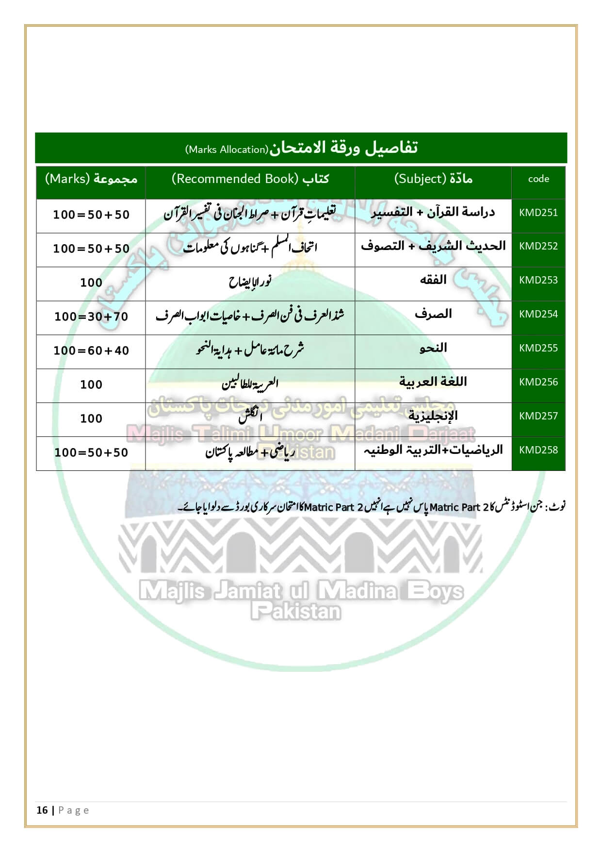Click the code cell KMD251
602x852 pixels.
click(538, 213)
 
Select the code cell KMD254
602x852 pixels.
click(538, 314)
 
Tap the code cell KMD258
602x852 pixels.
click(538, 450)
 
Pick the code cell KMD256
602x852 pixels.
click(538, 382)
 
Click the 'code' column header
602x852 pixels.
click(538, 179)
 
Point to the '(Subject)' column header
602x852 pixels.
click(433, 179)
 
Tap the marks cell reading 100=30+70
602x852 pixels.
click(91, 317)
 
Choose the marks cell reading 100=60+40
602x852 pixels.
click(91, 351)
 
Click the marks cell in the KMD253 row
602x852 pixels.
click(91, 283)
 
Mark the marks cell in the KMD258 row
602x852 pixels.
click(91, 453)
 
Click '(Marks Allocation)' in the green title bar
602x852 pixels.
click(227, 150)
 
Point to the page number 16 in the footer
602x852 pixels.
click(42, 810)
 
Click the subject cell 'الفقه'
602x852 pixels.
click(433, 280)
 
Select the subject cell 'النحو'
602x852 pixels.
click(433, 348)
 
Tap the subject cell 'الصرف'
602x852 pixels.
click(433, 314)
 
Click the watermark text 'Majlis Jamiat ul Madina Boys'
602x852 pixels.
click(301, 591)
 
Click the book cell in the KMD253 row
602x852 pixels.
click(250, 282)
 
